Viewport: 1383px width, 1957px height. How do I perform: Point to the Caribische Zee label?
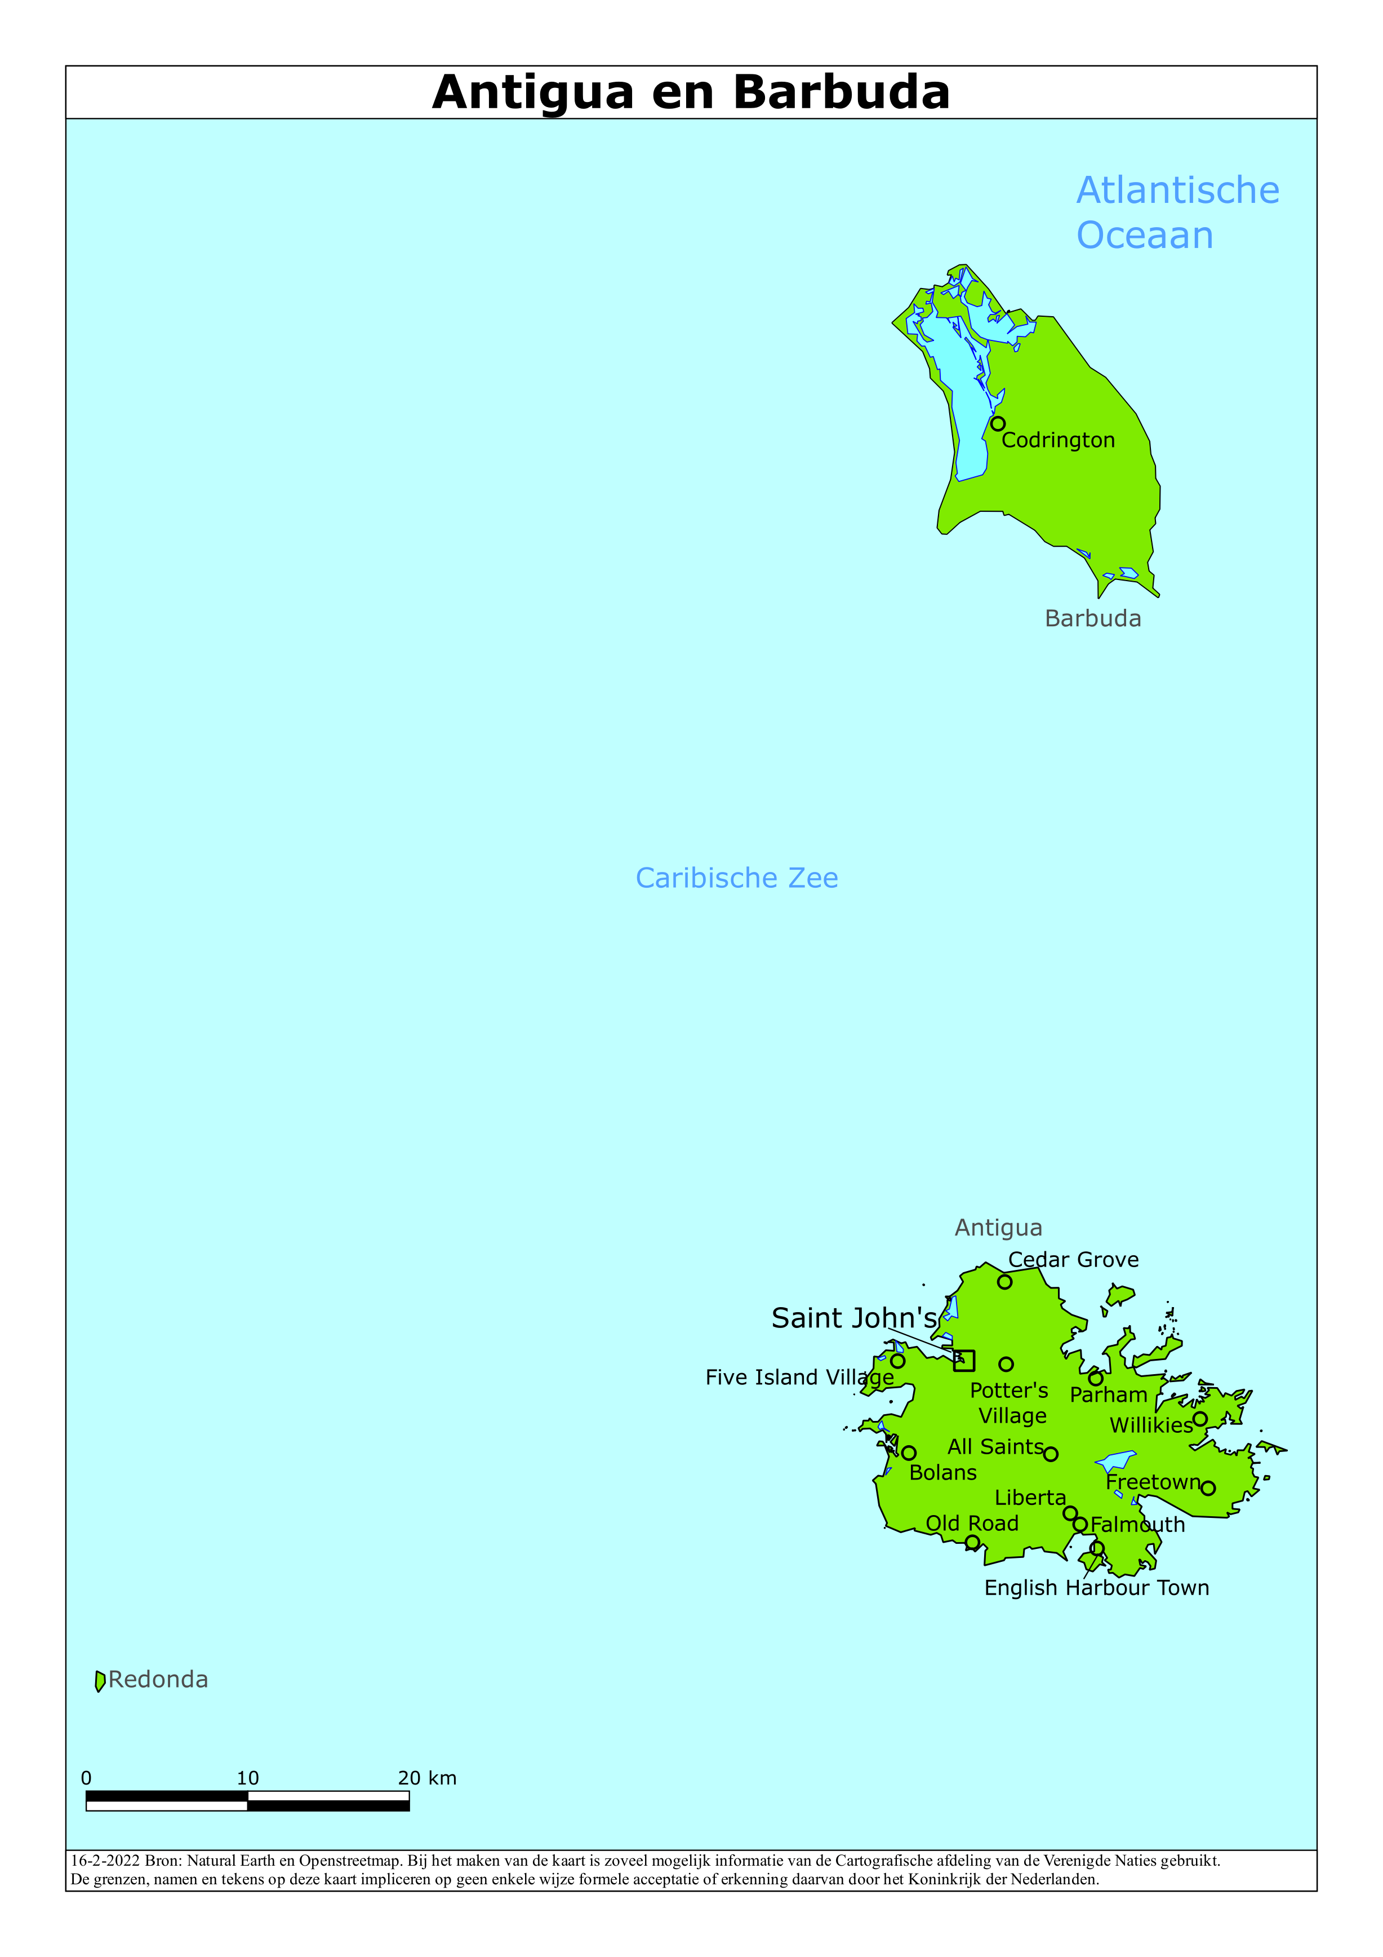tap(736, 878)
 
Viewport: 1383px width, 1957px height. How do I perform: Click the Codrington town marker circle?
tap(998, 424)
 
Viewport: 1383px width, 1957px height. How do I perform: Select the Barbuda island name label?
tap(1092, 619)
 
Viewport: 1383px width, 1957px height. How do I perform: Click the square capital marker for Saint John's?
tap(964, 1360)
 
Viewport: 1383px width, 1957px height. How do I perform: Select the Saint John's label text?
tap(854, 1318)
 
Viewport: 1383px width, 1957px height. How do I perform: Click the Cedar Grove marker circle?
tap(1004, 1282)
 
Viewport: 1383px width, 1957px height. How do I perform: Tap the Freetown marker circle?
tap(1208, 1488)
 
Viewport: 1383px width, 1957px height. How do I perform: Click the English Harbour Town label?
tap(1097, 1588)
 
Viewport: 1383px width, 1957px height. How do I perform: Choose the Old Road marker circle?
tap(972, 1542)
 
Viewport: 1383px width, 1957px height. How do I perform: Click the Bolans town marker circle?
tap(909, 1453)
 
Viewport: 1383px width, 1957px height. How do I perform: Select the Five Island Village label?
tap(799, 1378)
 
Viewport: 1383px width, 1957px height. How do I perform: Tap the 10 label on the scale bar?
tap(248, 1778)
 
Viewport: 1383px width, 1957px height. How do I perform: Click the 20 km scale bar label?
tap(427, 1778)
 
